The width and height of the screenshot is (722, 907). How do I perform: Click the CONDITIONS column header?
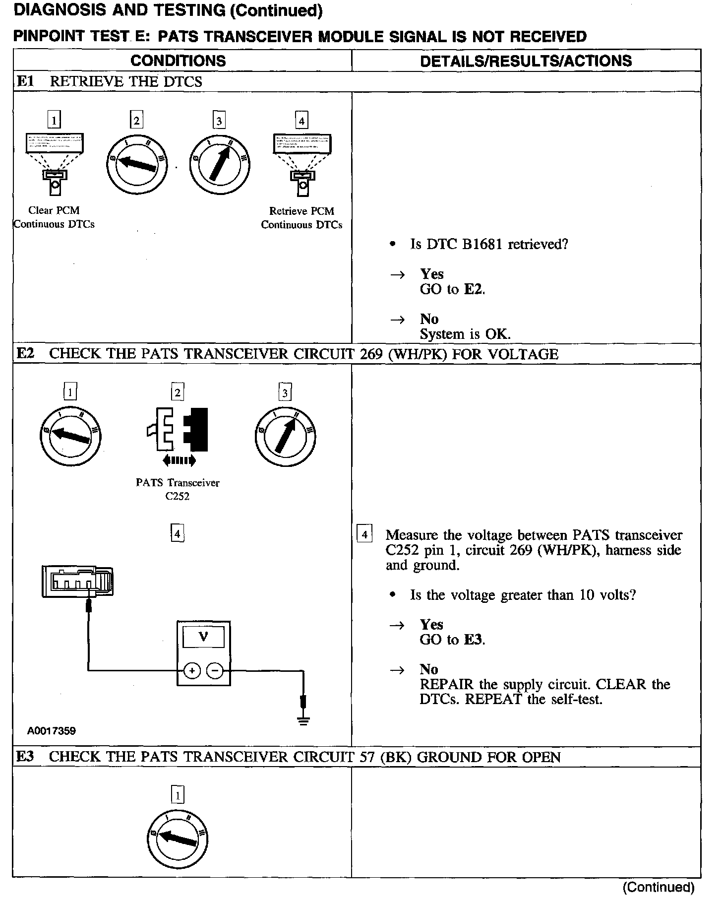(178, 61)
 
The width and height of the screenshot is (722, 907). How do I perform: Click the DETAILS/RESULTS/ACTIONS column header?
(526, 61)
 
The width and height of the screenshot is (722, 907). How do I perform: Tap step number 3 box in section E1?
(219, 120)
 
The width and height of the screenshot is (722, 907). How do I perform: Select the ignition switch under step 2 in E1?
(136, 164)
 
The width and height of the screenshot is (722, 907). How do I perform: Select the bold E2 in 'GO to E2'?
(473, 289)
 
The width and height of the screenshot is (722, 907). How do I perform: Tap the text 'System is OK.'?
(465, 334)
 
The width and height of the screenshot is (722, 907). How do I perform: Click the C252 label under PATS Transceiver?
(178, 497)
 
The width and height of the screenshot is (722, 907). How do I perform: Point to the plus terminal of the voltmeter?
(191, 671)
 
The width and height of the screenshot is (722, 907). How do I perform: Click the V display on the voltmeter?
(203, 637)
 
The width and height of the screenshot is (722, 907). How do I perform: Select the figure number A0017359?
(52, 730)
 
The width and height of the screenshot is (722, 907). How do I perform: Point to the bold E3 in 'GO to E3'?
(473, 640)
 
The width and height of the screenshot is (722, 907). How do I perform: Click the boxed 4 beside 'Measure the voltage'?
(364, 535)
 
